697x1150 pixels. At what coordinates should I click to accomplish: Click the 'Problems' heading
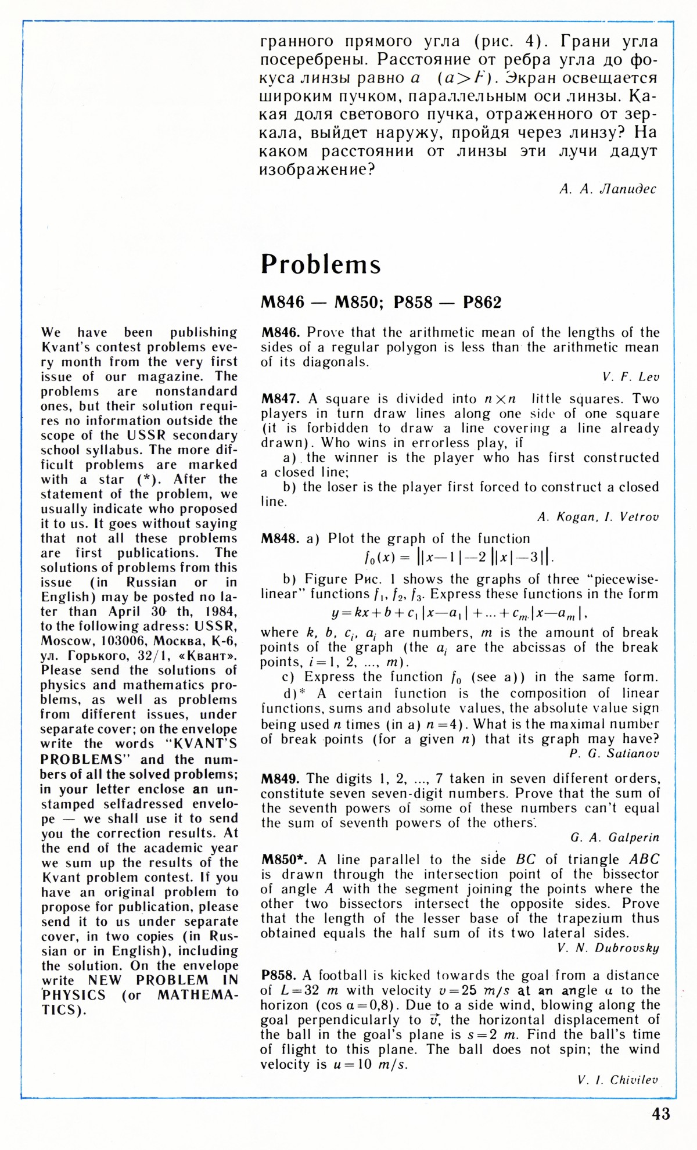point(321,264)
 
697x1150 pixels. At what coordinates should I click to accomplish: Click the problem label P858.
point(279,976)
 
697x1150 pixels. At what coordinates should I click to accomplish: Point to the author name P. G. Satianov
point(615,754)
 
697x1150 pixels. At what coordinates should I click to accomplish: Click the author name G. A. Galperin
point(615,838)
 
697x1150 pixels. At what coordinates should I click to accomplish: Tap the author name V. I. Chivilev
point(618,1080)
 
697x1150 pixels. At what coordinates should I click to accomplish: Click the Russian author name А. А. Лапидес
point(608,189)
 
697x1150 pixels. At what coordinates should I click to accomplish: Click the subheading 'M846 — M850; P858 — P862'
point(381,303)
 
